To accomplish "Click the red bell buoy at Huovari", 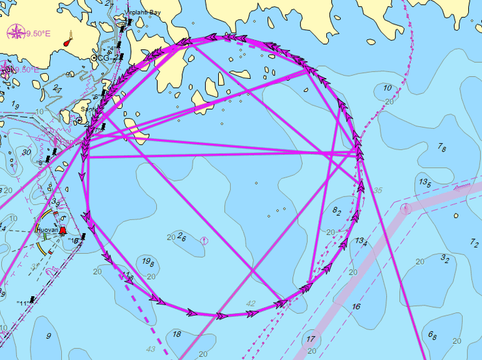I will click(63, 231).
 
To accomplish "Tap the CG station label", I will click(102, 58).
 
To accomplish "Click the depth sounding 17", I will click(311, 339).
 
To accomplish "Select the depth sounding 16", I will click(356, 307).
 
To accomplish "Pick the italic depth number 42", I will click(251, 303).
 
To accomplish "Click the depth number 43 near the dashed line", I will click(151, 350).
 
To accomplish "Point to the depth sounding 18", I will click(177, 335).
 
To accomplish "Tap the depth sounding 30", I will click(26, 152).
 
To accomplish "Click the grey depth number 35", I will click(378, 191).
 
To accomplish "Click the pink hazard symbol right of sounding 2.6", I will click(205, 240).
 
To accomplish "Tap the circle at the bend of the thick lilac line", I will click(406, 208).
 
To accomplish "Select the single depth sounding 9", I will click(48, 336).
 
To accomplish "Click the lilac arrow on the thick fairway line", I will click(461, 187).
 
